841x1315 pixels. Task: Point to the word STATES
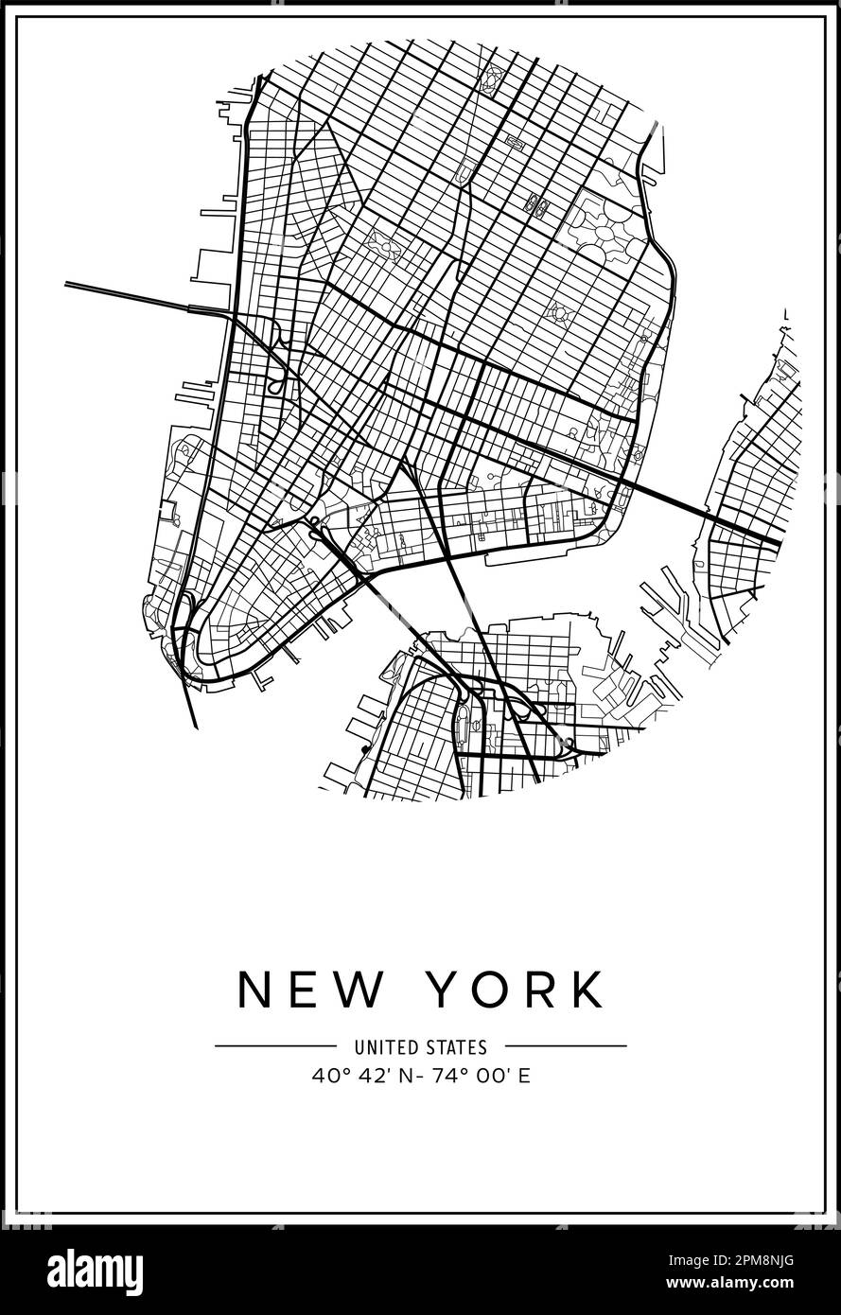pos(458,1047)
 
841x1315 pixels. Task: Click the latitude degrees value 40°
pos(325,1076)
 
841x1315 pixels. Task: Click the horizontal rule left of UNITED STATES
pos(275,1046)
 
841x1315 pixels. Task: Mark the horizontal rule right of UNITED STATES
pos(565,1046)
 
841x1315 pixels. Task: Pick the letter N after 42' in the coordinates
pos(396,1076)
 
